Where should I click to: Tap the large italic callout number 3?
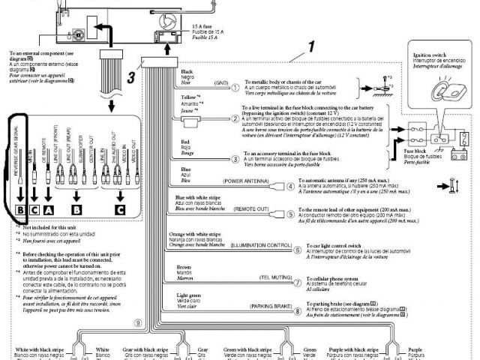130,74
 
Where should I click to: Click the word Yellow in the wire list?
188,99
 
